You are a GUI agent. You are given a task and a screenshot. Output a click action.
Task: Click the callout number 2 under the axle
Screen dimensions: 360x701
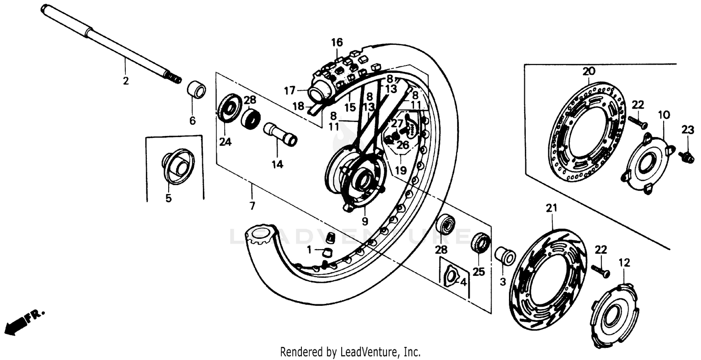[125, 80]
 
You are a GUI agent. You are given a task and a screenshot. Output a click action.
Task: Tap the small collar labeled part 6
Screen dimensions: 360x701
[196, 89]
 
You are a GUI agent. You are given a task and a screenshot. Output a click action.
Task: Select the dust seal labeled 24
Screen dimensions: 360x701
[229, 108]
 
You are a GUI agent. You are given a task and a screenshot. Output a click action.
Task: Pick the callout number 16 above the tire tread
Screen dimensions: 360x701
[337, 43]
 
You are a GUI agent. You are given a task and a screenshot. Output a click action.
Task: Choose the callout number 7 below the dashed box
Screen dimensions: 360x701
[252, 206]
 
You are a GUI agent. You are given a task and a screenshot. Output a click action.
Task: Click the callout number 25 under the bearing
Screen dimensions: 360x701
[479, 272]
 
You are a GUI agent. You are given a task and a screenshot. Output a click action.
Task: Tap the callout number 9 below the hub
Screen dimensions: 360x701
[365, 221]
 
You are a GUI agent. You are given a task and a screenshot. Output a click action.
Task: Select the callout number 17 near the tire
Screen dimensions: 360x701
[289, 90]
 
